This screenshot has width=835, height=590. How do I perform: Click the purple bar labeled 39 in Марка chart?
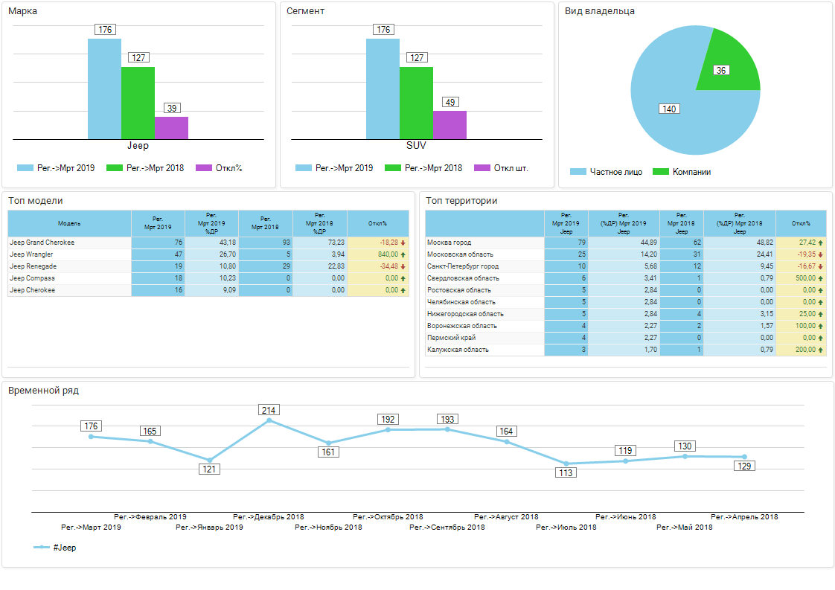coord(171,128)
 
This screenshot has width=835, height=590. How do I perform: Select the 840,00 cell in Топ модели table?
coord(377,254)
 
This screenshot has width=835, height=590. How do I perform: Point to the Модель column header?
coord(69,223)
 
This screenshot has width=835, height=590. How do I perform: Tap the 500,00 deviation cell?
coord(801,278)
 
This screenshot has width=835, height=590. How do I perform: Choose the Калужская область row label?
coord(458,350)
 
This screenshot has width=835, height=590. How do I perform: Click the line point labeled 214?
coord(269,420)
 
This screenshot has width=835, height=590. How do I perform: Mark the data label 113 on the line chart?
coord(566,472)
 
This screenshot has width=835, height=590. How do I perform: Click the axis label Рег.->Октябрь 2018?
coord(388,517)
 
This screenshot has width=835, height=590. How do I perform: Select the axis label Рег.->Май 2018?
coord(684,528)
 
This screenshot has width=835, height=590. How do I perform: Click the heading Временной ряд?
coord(43,390)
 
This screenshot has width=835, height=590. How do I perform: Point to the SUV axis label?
coord(416,146)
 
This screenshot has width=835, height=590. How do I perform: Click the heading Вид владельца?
coord(600,11)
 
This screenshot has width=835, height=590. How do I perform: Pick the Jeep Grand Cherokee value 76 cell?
coord(158,243)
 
